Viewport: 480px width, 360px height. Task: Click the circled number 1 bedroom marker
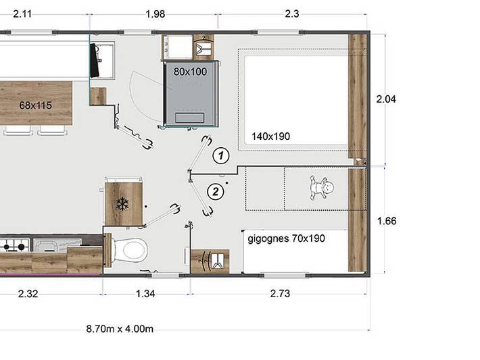219,155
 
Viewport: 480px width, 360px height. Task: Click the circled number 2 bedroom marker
216,191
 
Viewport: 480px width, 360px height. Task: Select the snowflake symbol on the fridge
122,203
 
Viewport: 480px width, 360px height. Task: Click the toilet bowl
135,250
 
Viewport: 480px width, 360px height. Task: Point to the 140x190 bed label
270,136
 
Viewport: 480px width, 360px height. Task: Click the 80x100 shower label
191,71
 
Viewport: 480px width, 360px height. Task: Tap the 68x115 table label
37,105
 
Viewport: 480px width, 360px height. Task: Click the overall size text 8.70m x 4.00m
120,329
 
